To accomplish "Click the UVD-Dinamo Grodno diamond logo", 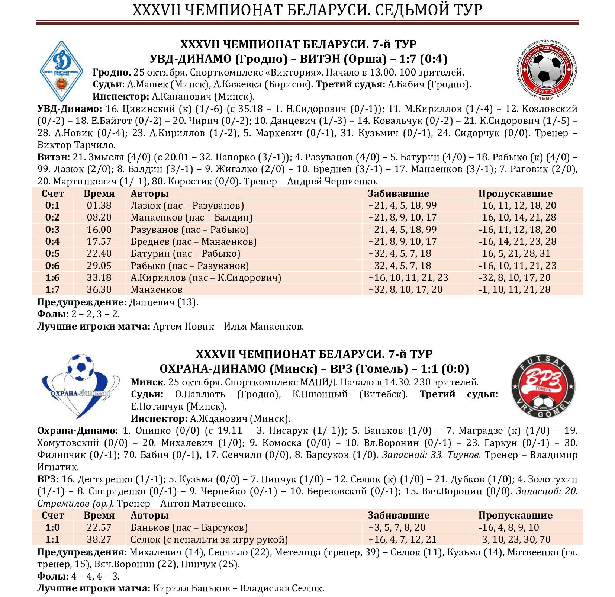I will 61,71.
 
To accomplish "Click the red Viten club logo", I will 546,70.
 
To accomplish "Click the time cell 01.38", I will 99,206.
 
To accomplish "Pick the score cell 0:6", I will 52,266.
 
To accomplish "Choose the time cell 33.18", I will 99,278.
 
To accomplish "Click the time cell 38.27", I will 99,540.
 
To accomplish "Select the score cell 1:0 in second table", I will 52,528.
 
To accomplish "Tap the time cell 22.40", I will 99,254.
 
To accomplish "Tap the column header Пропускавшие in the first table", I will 515,193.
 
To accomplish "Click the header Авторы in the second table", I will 149,516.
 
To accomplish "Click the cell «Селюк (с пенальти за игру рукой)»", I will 209,540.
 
